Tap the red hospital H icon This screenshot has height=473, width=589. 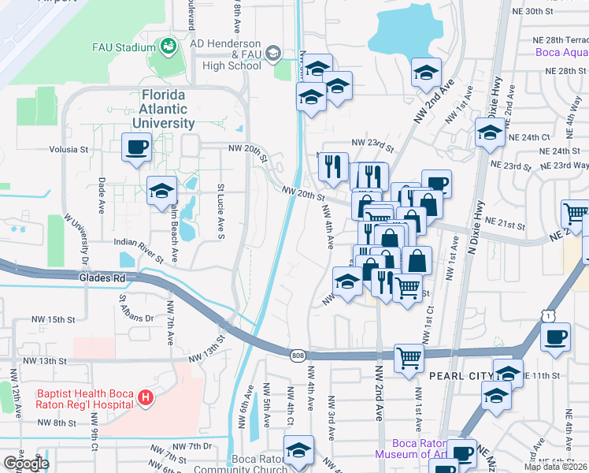tap(145, 399)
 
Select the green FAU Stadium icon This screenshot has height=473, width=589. tap(168, 48)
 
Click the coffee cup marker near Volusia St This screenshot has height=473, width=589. tap(136, 147)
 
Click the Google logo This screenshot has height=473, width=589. tap(26, 464)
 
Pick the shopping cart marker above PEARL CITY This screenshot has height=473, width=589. tap(409, 358)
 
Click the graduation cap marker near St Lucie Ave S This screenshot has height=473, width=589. tap(162, 190)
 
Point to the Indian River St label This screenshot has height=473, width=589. tap(139, 250)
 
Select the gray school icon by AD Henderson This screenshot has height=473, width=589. tap(273, 54)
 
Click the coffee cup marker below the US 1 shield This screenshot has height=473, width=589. tap(556, 337)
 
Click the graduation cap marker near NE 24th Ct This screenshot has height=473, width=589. tap(490, 132)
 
